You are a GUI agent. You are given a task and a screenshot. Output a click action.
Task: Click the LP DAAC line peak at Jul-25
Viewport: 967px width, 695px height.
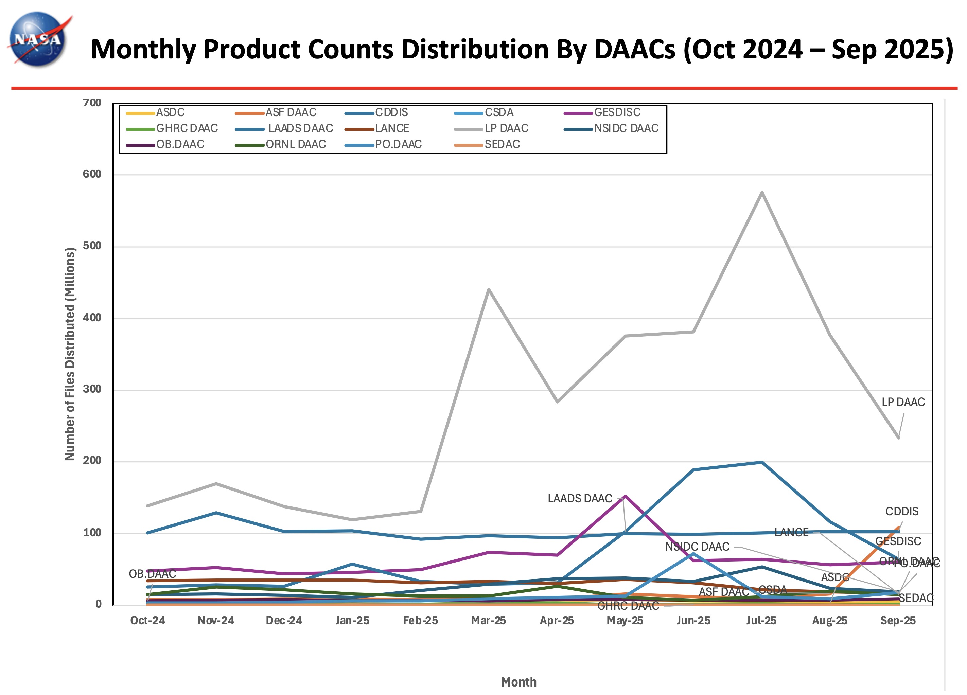761,193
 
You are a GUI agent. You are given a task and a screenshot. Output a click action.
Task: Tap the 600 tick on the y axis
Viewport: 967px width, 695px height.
92,174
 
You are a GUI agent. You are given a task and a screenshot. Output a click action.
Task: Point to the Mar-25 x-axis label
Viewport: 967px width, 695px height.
488,621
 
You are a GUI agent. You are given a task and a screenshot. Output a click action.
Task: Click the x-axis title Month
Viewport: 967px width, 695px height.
518,682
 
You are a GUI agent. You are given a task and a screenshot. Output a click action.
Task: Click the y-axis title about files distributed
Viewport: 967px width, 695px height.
70,354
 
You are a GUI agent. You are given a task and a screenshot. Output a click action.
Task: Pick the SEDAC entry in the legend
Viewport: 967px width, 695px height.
502,145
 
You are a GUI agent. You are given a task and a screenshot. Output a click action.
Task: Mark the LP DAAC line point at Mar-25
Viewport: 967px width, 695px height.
489,290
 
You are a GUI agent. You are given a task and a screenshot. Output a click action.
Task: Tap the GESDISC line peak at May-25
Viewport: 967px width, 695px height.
625,496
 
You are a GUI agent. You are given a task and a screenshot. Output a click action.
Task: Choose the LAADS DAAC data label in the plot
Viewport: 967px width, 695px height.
580,498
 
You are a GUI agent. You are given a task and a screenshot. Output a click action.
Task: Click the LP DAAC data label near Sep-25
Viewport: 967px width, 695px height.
903,402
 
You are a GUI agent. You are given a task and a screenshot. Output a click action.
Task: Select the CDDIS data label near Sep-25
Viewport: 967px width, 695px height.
902,511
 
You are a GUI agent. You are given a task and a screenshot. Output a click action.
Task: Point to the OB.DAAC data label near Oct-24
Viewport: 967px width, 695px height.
152,574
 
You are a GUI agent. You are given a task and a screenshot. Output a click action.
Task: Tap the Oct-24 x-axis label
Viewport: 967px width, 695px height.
147,621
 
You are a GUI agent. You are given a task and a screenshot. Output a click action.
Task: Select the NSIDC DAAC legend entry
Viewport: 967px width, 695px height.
626,128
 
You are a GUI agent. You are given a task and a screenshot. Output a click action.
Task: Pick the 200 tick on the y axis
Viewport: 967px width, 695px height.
92,461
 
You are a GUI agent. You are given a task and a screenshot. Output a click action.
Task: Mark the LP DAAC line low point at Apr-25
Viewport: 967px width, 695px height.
557,402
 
